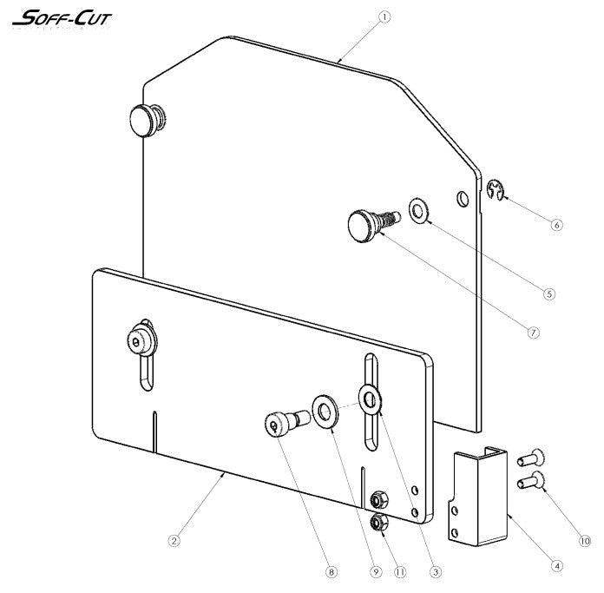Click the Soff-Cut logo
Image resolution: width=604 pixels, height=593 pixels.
[x=62, y=17]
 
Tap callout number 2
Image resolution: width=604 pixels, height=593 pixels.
[x=174, y=540]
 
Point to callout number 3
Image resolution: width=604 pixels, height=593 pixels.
[x=436, y=572]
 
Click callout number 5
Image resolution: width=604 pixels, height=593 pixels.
[x=548, y=293]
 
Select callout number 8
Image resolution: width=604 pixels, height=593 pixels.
[x=330, y=572]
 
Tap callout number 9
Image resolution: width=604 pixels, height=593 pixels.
[x=376, y=572]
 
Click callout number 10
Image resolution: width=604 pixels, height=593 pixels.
[x=584, y=540]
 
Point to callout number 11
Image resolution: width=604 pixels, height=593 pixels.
[x=398, y=572]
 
